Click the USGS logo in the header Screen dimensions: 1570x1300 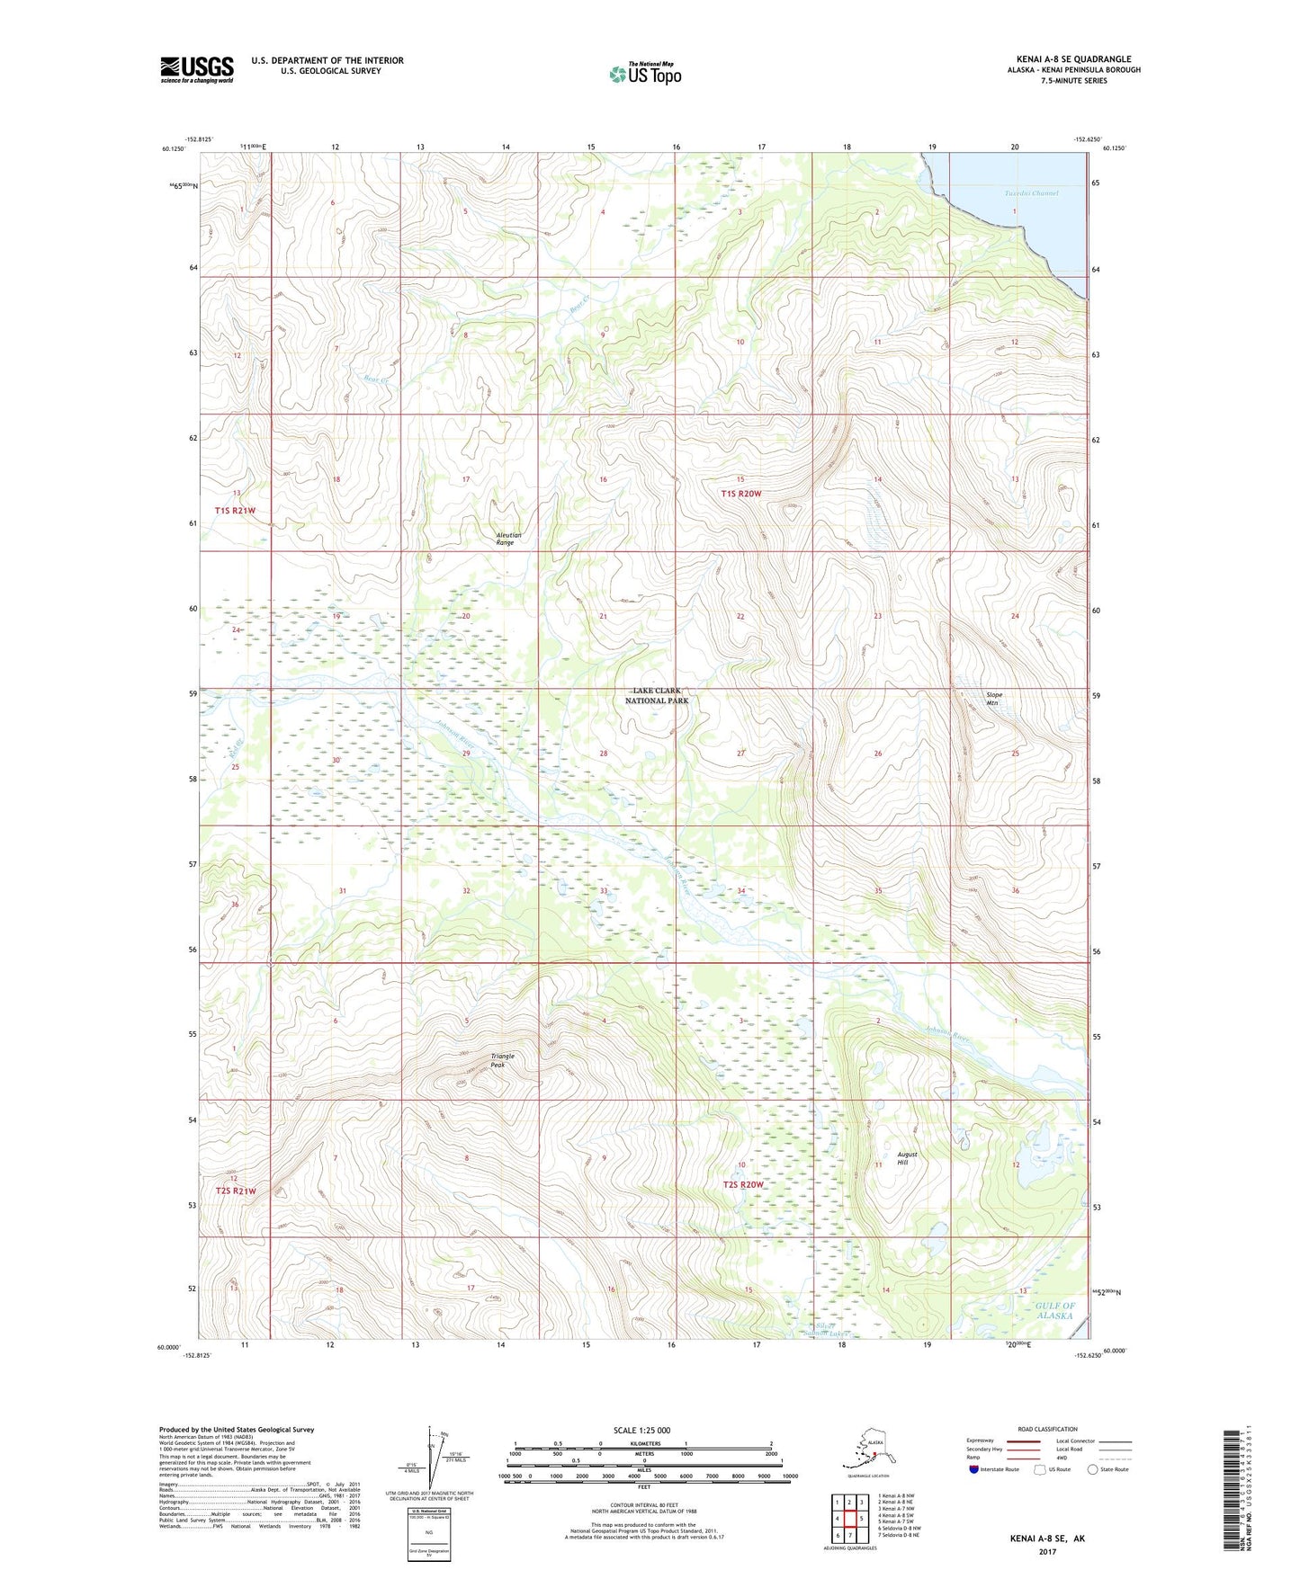coord(196,69)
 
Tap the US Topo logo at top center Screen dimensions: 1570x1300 coord(645,74)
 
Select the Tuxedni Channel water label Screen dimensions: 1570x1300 coord(1031,193)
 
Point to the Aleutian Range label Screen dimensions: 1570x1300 coord(507,540)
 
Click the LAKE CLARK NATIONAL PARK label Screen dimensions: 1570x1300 coord(656,695)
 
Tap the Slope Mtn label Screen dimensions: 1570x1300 coord(993,699)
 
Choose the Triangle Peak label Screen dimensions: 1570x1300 coord(502,1061)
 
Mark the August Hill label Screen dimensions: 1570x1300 coord(907,1158)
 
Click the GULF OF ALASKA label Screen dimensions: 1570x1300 coord(1053,1310)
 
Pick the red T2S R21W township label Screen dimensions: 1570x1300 coord(235,1191)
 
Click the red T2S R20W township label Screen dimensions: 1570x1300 coord(743,1185)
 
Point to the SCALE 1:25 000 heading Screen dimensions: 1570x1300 coord(642,1431)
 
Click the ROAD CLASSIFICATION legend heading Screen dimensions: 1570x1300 coord(1047,1429)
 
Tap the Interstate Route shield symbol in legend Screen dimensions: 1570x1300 coord(973,1470)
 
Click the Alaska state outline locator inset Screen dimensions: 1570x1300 coord(865,1452)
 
